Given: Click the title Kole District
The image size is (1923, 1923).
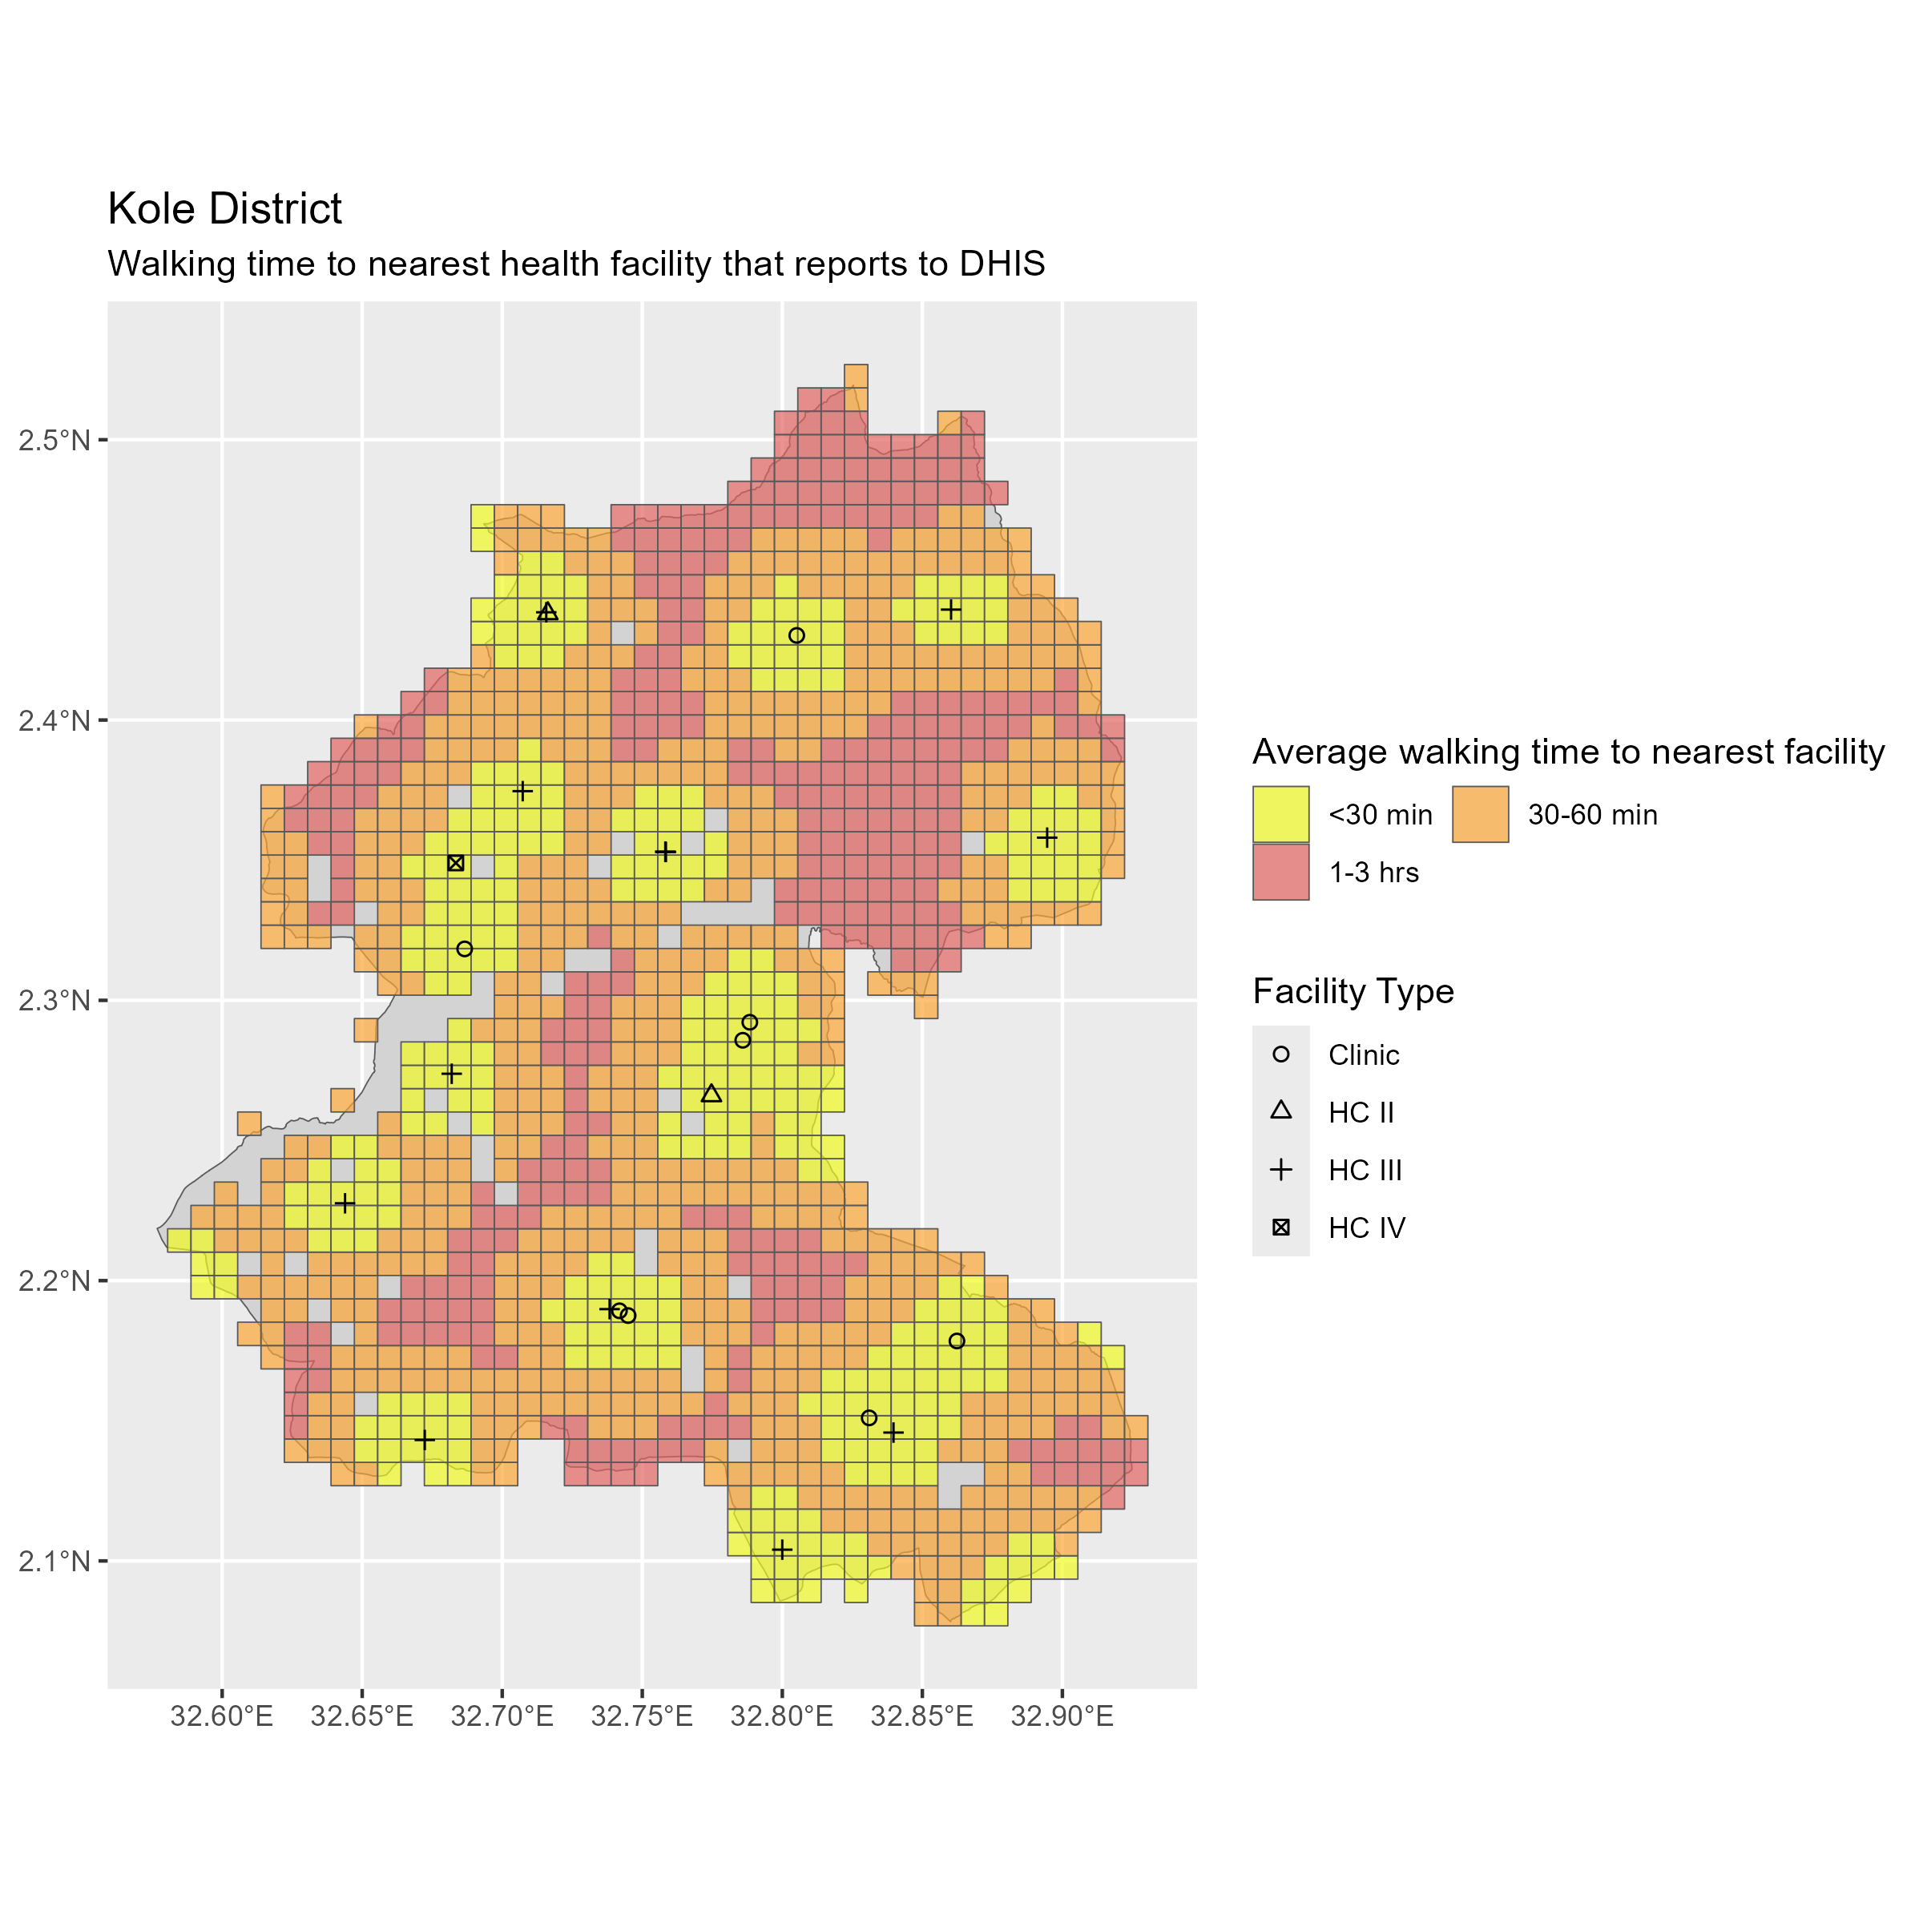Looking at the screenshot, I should [224, 209].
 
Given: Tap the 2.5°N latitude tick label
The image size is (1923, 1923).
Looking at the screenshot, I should [54, 440].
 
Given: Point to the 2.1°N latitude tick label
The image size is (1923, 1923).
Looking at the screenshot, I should [54, 1561].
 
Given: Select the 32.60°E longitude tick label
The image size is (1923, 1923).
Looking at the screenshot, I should [221, 1717].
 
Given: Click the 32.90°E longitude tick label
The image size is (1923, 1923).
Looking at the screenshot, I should [1061, 1717].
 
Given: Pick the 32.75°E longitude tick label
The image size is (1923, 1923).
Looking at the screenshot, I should [641, 1717].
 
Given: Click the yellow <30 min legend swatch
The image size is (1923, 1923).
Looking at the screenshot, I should [1280, 814].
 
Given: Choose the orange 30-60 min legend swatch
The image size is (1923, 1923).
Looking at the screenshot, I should [1479, 814].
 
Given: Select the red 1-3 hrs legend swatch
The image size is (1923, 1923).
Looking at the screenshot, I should [1280, 872].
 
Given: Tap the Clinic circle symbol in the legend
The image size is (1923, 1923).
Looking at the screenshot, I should [1281, 1054].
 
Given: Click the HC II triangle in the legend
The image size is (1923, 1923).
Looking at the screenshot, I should [1281, 1112].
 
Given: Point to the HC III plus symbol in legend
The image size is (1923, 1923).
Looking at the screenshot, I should [1281, 1170].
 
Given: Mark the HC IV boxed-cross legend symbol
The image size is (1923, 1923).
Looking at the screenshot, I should [1281, 1228].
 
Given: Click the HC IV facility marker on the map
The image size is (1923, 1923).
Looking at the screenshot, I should [456, 863].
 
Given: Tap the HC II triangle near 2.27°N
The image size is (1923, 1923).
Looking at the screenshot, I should [711, 1094].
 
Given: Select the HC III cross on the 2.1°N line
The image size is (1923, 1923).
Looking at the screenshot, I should [782, 1550].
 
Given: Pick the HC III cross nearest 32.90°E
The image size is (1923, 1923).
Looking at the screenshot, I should [1046, 837].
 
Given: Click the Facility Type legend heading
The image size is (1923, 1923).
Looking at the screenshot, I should [1353, 991].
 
